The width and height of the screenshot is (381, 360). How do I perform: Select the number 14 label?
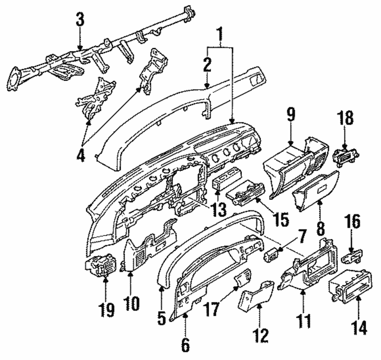tap(359, 326)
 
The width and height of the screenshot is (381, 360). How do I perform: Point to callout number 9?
tap(291, 115)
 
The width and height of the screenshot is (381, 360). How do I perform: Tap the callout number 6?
tap(185, 344)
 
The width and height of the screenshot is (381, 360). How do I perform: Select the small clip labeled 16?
tap(352, 256)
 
